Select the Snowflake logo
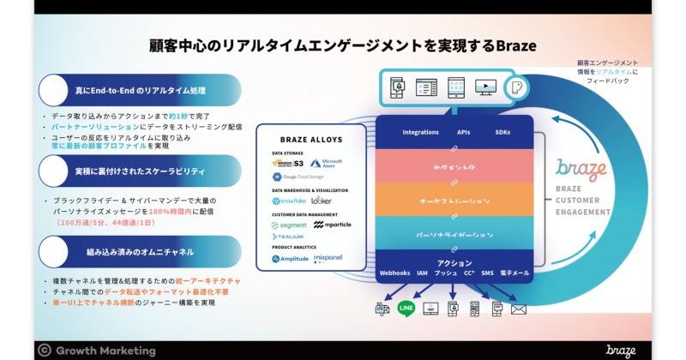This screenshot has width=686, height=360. [289, 201]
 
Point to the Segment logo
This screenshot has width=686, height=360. [289, 225]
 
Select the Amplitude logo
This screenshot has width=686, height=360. [292, 258]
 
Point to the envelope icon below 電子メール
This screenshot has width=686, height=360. [518, 309]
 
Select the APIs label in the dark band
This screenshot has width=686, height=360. [464, 132]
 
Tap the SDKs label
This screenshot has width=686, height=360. [503, 132]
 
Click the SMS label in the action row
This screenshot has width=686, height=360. [487, 273]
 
